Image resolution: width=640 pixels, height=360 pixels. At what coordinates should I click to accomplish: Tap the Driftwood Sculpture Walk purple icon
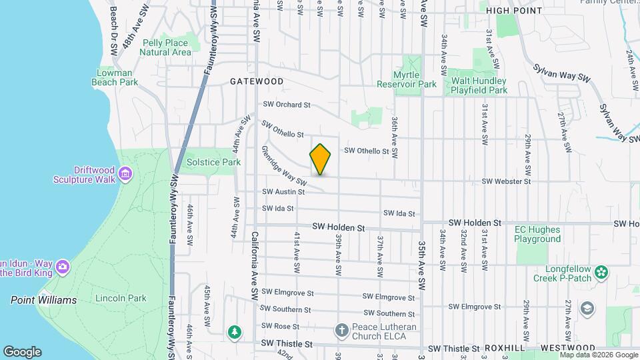coord(125,175)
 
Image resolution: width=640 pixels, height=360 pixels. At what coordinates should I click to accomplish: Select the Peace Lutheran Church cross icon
coord(341,331)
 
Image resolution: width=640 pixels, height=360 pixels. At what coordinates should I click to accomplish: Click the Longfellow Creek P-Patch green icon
coord(602,271)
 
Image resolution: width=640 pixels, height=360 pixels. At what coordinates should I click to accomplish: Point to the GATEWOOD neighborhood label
coord(257,81)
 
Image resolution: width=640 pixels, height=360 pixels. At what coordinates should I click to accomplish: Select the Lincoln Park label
coord(121,298)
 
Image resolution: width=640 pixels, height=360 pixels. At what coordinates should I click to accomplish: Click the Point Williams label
coord(43,300)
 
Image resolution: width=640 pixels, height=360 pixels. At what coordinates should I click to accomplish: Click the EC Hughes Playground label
coord(537,234)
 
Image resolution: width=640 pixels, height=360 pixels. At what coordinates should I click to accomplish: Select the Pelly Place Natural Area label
coord(166,47)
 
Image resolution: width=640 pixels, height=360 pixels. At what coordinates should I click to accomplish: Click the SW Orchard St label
coord(287,105)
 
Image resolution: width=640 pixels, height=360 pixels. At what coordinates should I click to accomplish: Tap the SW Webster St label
coord(506,181)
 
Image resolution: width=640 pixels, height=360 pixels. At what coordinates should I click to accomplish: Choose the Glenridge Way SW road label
coord(283,166)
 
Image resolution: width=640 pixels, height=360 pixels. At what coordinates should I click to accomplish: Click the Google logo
coord(22,352)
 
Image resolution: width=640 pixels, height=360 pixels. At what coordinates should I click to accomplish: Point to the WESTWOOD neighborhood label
coord(568,348)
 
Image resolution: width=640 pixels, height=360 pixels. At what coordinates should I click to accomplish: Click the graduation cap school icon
coord(587,308)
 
